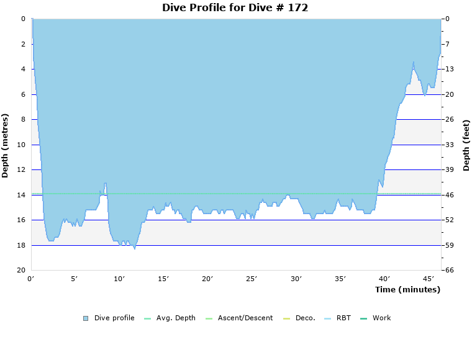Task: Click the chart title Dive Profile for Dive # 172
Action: tap(235, 8)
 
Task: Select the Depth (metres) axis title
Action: tap(6, 145)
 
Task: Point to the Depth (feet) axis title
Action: tap(466, 145)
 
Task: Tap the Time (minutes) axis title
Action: tap(407, 289)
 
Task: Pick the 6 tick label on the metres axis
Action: tap(22, 94)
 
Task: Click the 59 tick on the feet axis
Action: tap(449, 245)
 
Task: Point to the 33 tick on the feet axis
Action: tap(449, 145)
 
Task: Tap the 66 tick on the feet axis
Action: tap(449, 271)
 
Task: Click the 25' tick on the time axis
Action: tap(252, 279)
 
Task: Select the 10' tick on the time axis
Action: tap(119, 279)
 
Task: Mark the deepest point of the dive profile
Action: tap(134, 249)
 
